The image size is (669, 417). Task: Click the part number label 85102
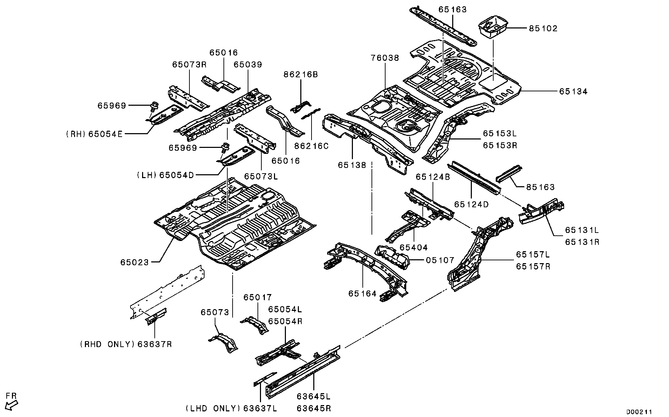coord(543,28)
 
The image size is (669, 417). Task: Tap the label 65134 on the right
coord(573,91)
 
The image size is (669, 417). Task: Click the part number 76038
coord(385,58)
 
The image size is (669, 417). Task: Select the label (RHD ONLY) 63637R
coord(126,344)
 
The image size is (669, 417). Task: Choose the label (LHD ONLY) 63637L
coord(231,408)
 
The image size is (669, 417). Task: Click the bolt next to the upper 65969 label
coord(153,105)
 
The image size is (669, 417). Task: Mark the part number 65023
coord(135,262)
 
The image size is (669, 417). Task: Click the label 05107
coord(440,260)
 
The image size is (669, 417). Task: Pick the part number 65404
coord(414,248)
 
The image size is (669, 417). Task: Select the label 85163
coord(540,187)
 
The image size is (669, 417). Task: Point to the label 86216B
coord(301,74)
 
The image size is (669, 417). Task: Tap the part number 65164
coord(362,293)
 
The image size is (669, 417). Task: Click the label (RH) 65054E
coord(94,134)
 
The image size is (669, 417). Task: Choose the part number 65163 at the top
coord(453,9)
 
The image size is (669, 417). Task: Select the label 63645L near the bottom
coord(313,396)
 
